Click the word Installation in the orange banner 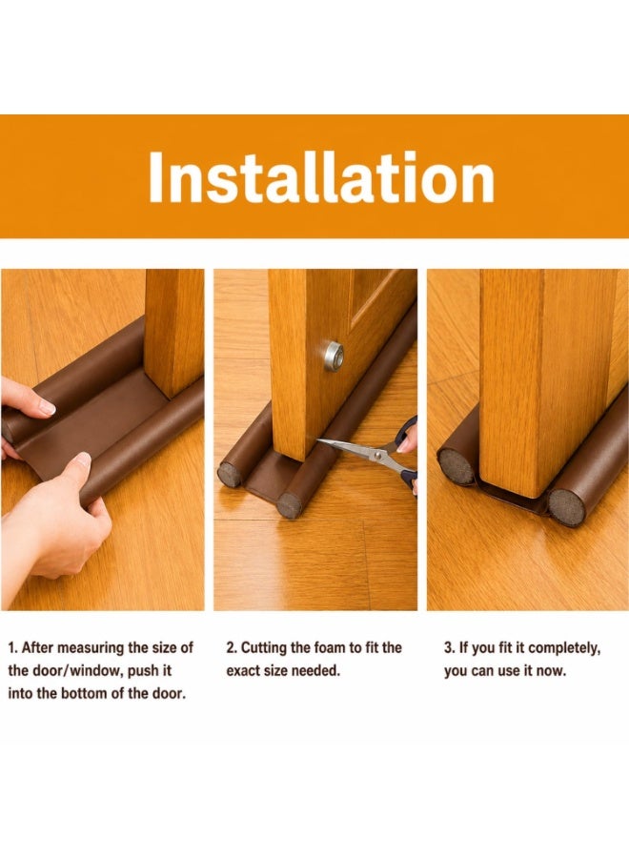(321, 177)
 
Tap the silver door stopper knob (334, 357)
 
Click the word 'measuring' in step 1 (91, 648)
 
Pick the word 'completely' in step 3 (563, 648)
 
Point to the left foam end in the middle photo (230, 475)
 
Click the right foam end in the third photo (567, 507)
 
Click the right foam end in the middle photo (289, 505)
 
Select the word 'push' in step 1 (143, 671)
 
